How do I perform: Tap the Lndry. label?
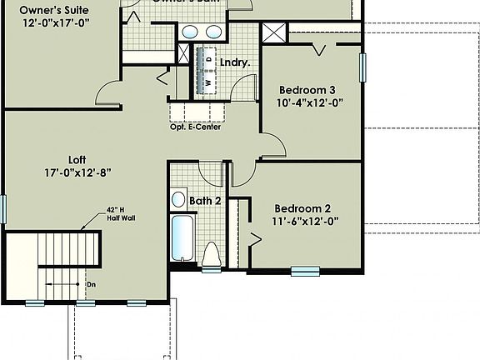tap(236, 62)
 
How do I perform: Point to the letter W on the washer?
tap(208, 82)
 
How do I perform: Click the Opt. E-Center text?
tap(196, 127)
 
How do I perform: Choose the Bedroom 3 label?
tap(307, 90)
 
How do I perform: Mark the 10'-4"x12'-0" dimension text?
tap(310, 103)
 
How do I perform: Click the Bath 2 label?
tap(204, 201)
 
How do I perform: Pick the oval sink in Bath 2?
tap(178, 200)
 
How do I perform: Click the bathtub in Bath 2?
tap(181, 240)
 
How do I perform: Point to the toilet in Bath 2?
tap(211, 254)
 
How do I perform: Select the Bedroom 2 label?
tap(305, 208)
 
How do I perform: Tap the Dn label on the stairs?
tap(91, 284)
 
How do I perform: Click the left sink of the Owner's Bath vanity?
tap(190, 32)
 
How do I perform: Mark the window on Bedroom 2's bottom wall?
tap(305, 269)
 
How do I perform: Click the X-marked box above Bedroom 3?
tap(273, 33)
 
